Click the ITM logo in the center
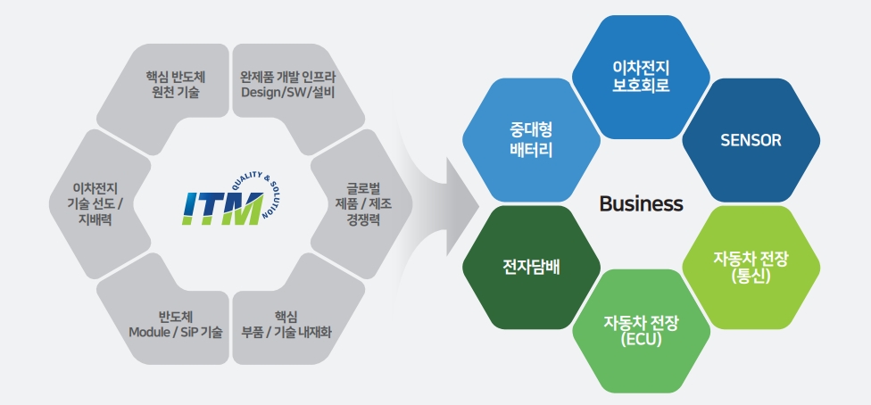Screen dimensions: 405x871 [223, 206]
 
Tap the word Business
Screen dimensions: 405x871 [641, 204]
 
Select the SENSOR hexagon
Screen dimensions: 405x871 [751, 140]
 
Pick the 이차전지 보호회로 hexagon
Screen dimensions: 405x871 [641, 78]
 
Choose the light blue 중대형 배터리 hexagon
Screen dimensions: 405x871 [530, 141]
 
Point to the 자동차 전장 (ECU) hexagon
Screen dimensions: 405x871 [641, 330]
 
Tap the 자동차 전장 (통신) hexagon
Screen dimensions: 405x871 [751, 267]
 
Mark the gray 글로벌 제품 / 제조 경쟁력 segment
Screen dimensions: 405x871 [361, 204]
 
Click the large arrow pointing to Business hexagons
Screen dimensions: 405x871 [437, 203]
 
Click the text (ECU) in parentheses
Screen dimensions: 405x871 [641, 340]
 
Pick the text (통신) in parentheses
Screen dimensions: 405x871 [751, 276]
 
